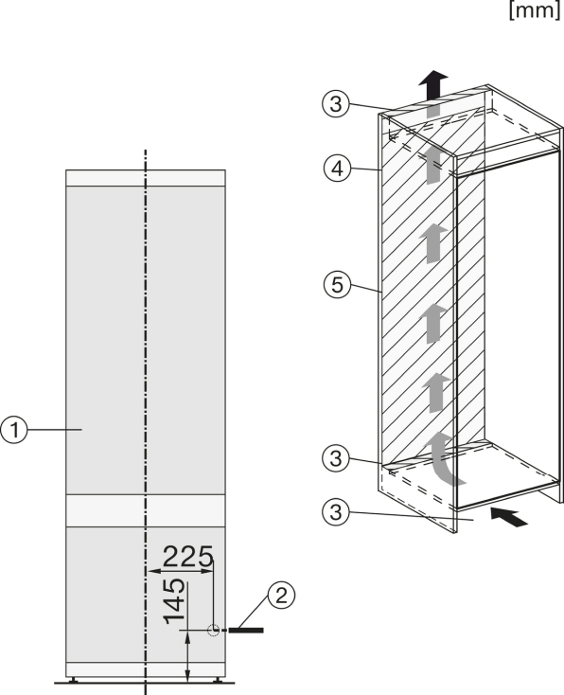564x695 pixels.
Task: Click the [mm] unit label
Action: pos(536,9)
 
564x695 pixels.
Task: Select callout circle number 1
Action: pos(14,430)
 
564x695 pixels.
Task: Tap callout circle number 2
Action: pos(281,596)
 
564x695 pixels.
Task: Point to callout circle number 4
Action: pos(337,169)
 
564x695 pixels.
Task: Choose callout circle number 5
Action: pos(337,284)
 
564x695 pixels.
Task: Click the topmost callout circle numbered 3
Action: pos(336,104)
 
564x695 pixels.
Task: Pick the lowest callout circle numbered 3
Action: pos(336,512)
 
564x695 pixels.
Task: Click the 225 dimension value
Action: pos(188,556)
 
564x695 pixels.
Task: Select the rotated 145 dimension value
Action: pos(174,601)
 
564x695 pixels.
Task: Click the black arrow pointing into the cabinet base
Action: pos(509,517)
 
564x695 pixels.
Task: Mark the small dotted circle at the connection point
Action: pos(214,630)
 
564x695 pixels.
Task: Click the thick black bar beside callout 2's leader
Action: pos(246,630)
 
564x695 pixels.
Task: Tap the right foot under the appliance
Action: pos(217,679)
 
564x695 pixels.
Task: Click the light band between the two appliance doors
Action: pos(146,510)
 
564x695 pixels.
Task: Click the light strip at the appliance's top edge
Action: pos(146,178)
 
